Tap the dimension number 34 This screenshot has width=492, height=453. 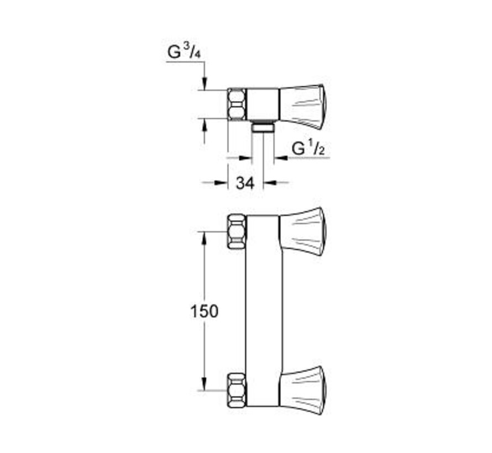(x=245, y=183)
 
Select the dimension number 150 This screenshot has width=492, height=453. (x=204, y=311)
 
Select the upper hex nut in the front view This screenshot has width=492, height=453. (x=237, y=231)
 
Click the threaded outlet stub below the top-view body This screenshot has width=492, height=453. (x=263, y=128)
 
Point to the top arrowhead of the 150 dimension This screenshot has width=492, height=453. (x=205, y=236)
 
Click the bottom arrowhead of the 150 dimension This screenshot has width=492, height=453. (x=205, y=385)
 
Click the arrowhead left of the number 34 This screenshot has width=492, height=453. (x=223, y=182)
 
